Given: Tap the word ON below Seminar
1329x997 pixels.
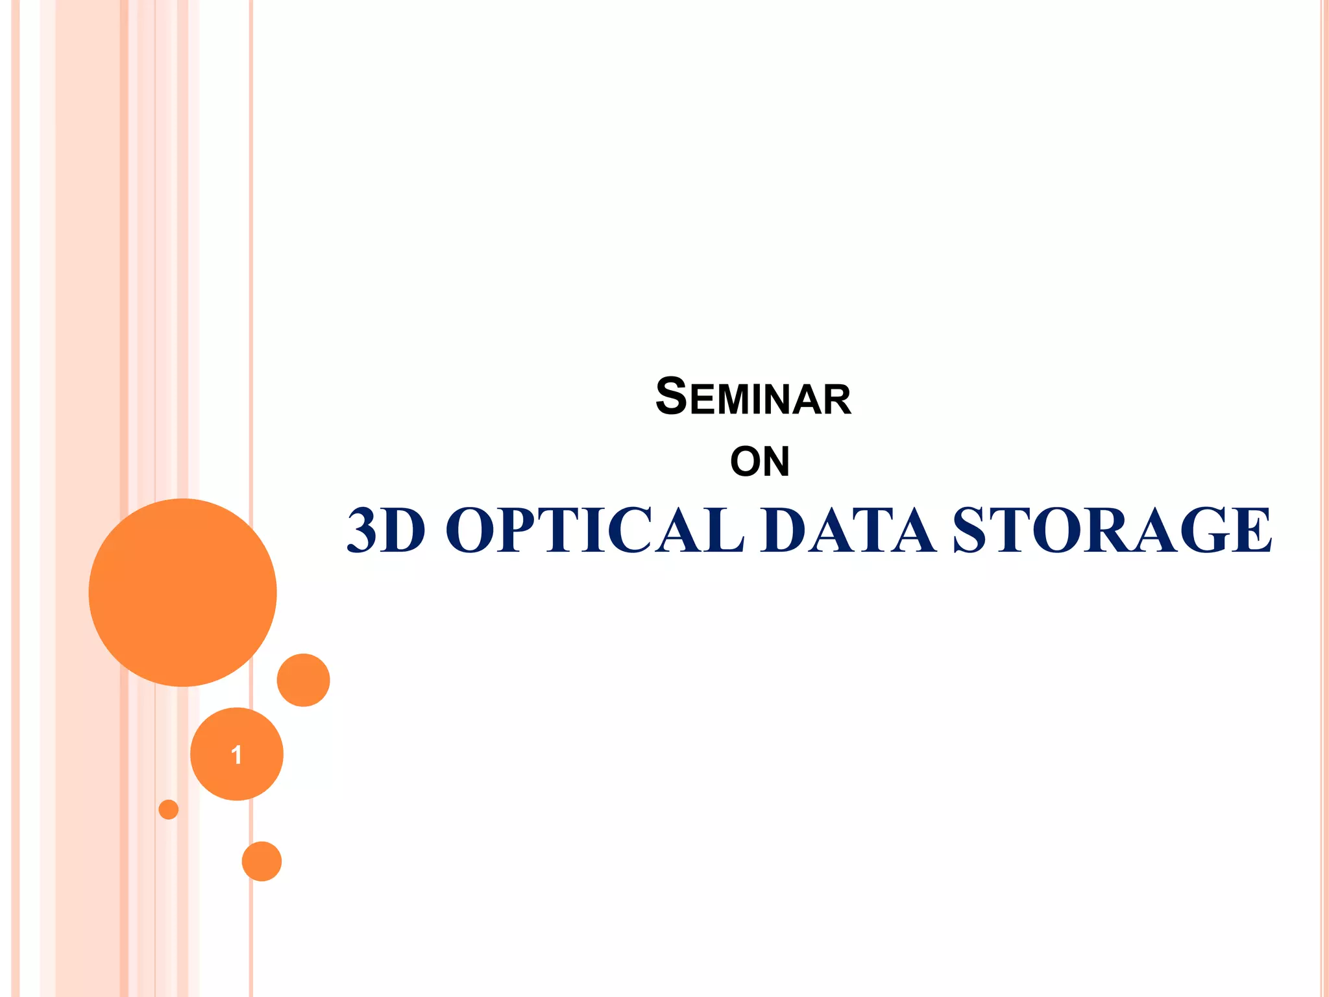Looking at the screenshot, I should coord(760,462).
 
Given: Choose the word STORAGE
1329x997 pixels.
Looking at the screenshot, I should coord(1112,530).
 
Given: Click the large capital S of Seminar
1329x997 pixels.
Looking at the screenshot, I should coord(671,396).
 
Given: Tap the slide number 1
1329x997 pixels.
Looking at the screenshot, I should coord(237,754).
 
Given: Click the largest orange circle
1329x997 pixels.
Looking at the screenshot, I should coord(183,592).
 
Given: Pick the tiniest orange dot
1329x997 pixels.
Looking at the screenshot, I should coord(169,809).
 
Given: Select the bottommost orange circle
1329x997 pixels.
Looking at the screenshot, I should coord(262,861).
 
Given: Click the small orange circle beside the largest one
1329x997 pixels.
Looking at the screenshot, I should coord(303,680).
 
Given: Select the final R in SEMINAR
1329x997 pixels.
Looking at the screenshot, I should coord(836,400).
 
